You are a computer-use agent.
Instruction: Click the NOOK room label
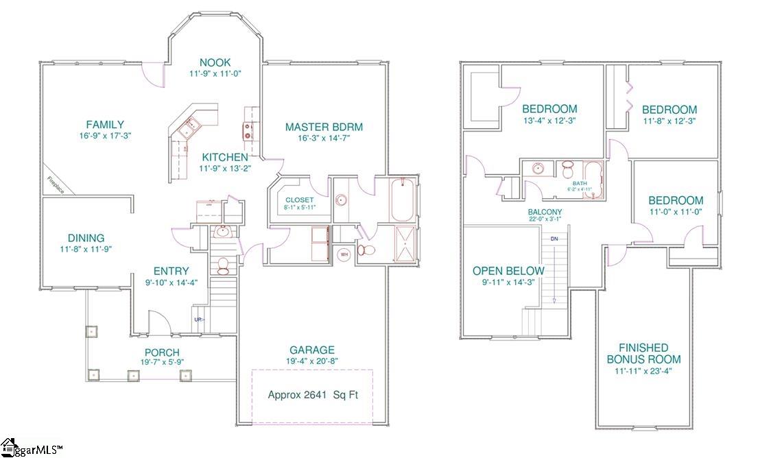(x=215, y=61)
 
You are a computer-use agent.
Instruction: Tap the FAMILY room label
(x=105, y=124)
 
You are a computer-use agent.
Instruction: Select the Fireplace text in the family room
(x=56, y=185)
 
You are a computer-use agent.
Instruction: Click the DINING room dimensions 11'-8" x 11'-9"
(x=85, y=249)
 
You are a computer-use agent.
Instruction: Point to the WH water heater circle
(x=344, y=254)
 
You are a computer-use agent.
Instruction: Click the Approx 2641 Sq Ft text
(x=312, y=395)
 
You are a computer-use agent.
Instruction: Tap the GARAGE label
(x=312, y=349)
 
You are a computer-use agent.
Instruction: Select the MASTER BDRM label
(x=324, y=127)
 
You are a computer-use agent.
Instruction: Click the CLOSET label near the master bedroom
(x=300, y=200)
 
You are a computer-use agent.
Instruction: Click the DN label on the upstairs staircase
(x=554, y=238)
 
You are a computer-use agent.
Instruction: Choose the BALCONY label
(x=545, y=212)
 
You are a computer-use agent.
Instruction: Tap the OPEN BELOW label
(x=508, y=271)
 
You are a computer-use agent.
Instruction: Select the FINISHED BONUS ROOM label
(x=643, y=353)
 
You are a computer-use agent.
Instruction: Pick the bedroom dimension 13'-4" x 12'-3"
(x=549, y=121)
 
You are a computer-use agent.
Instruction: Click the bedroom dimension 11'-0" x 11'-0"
(x=676, y=212)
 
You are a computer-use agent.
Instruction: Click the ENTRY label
(x=171, y=272)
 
